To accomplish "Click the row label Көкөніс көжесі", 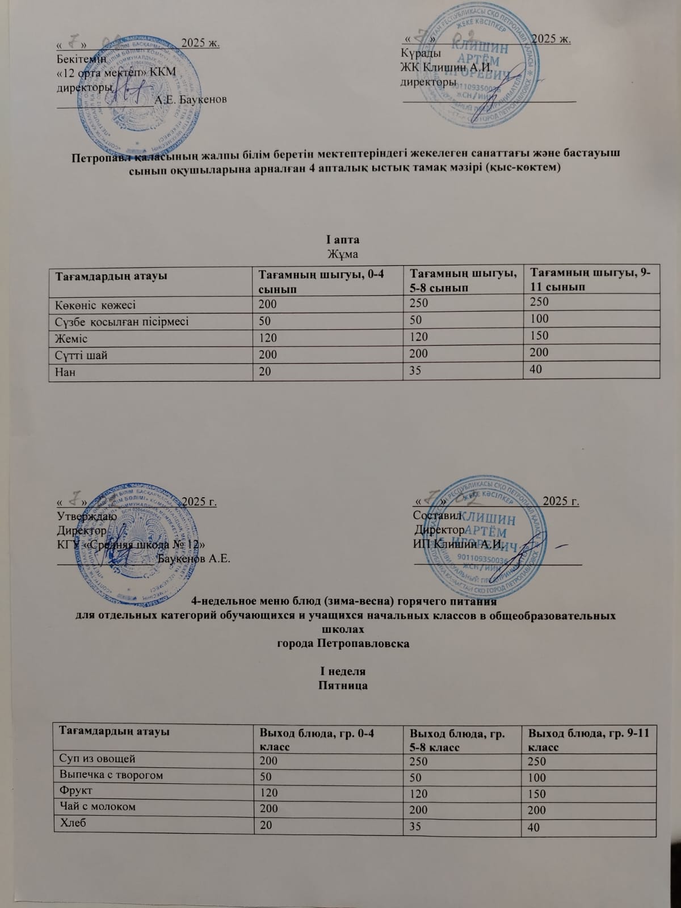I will coord(95,305).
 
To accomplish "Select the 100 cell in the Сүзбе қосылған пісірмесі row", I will coord(537,320).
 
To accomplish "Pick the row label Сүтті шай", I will coord(81,355).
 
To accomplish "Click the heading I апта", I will coord(343,238).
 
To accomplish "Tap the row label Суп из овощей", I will coord(97,758).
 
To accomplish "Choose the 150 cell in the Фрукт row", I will coord(536,794).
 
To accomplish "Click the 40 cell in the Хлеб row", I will coord(534,828).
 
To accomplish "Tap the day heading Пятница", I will coord(344,686).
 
